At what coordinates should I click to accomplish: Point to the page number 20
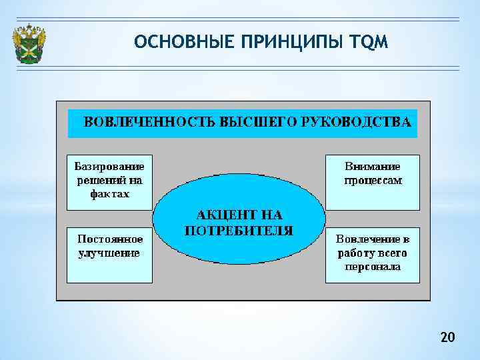(447, 338)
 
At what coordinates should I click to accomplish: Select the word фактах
(109, 194)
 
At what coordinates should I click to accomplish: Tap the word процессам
(373, 180)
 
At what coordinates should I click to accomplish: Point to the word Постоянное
(110, 238)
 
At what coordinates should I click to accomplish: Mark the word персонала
(373, 267)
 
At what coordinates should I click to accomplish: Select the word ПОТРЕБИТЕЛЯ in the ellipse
(239, 231)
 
